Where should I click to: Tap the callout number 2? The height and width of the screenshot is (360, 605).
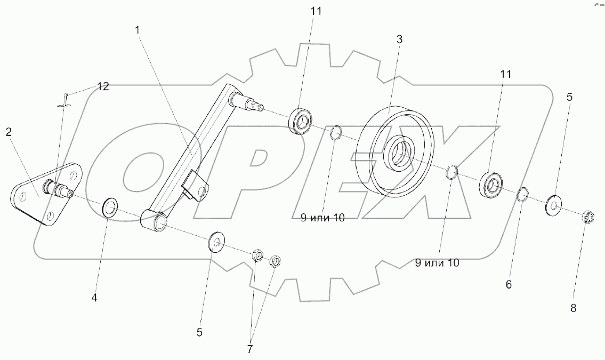(9, 132)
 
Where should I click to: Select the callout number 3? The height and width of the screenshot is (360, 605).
(399, 39)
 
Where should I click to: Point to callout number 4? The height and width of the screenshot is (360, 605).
(94, 298)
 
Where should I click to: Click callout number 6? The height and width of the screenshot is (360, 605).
(509, 285)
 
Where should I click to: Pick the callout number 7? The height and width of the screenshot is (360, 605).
(250, 349)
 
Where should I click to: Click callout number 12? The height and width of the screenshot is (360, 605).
(103, 87)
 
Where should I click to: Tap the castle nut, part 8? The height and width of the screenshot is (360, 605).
(587, 218)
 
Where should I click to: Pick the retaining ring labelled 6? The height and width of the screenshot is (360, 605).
(522, 196)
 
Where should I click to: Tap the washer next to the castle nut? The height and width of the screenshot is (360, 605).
(555, 205)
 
